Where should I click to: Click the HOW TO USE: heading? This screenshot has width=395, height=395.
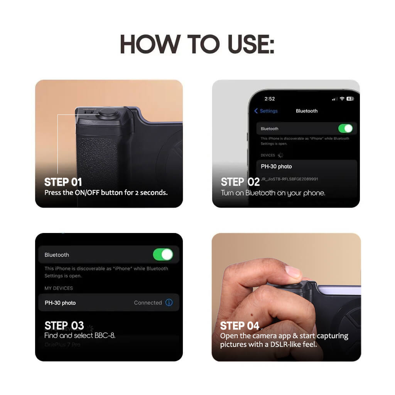pyautogui.click(x=197, y=44)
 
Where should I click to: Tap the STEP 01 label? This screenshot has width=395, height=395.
pyautogui.click(x=63, y=182)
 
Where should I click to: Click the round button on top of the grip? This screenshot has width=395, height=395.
pyautogui.click(x=108, y=113)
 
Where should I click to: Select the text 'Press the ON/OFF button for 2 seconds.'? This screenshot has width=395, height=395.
pyautogui.click(x=106, y=192)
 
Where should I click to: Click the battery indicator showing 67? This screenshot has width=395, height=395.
pyautogui.click(x=350, y=99)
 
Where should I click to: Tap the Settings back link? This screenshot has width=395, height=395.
pyautogui.click(x=266, y=111)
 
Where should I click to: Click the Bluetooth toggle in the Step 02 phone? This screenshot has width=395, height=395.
pyautogui.click(x=345, y=128)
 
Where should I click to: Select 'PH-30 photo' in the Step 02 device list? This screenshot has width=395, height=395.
pyautogui.click(x=276, y=167)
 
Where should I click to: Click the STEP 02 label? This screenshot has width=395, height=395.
pyautogui.click(x=240, y=182)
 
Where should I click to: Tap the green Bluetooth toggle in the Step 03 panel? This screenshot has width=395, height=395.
pyautogui.click(x=163, y=255)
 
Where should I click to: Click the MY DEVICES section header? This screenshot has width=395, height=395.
pyautogui.click(x=59, y=288)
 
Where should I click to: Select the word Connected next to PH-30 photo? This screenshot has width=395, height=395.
pyautogui.click(x=148, y=303)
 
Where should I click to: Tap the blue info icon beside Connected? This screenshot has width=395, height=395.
pyautogui.click(x=169, y=302)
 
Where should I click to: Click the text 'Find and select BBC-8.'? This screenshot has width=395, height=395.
pyautogui.click(x=80, y=335)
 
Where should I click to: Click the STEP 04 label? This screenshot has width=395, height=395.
pyautogui.click(x=240, y=326)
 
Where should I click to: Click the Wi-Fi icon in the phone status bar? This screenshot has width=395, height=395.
pyautogui.click(x=342, y=99)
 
